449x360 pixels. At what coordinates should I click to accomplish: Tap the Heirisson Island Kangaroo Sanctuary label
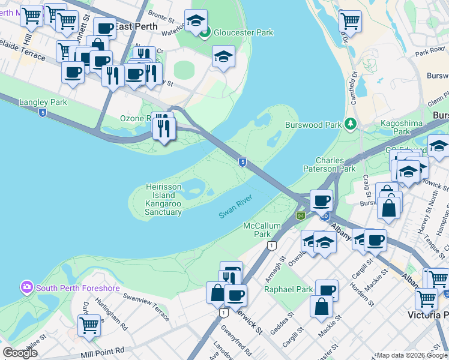pyautogui.click(x=163, y=200)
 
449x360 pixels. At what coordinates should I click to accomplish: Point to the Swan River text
pyautogui.click(x=235, y=206)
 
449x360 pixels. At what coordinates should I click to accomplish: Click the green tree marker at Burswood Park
pyautogui.click(x=350, y=124)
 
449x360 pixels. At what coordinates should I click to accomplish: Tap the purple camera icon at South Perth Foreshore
pyautogui.click(x=27, y=287)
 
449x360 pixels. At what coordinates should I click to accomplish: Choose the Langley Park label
pyautogui.click(x=43, y=103)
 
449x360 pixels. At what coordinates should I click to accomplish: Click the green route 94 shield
pyautogui.click(x=300, y=215)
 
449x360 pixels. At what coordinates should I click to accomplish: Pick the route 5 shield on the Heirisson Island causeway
pyautogui.click(x=241, y=162)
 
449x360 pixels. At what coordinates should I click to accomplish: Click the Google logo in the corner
pyautogui.click(x=20, y=353)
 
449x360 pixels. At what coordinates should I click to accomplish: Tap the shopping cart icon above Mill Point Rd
pyautogui.click(x=89, y=325)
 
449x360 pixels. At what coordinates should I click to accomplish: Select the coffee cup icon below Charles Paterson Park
pyautogui.click(x=321, y=200)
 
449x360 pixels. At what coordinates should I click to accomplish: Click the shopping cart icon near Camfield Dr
pyautogui.click(x=350, y=20)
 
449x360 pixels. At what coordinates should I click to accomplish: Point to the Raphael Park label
pyautogui.click(x=289, y=289)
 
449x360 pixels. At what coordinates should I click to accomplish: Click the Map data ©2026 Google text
pyautogui.click(x=412, y=355)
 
